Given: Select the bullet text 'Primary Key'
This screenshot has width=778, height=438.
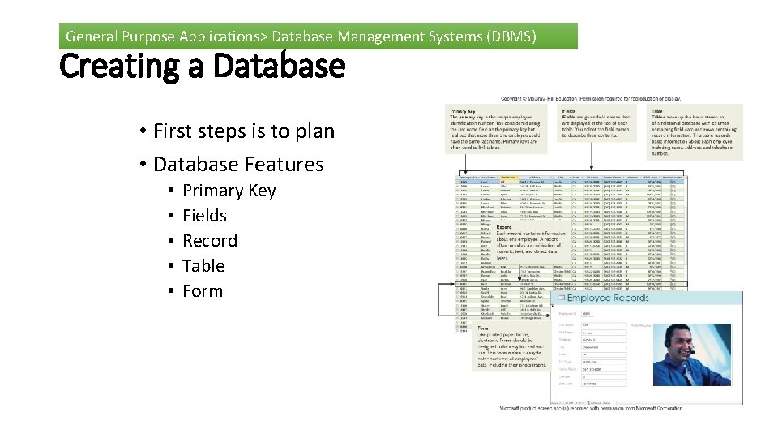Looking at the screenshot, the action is tap(229, 191).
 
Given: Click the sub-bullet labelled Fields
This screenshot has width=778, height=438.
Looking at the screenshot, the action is tap(204, 216).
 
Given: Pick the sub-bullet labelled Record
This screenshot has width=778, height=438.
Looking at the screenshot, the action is tap(210, 241).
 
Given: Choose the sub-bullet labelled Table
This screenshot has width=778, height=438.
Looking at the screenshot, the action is tap(203, 266).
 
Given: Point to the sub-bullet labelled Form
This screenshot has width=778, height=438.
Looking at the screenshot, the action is tap(202, 291).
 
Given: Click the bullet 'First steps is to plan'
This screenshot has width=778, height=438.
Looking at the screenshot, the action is tap(243, 131).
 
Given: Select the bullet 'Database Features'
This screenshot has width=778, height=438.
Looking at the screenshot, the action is tap(238, 164).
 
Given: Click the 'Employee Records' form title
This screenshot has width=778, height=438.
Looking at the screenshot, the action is tap(608, 298).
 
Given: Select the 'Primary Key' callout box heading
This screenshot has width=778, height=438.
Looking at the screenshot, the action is tap(463, 111).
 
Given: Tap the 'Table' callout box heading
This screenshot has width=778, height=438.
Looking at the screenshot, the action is tap(657, 111).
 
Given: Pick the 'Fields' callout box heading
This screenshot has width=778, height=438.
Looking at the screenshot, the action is tap(569, 111).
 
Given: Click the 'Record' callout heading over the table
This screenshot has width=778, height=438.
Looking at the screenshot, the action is tap(504, 228).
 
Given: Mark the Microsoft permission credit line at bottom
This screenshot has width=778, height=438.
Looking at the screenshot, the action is tap(592, 407).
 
